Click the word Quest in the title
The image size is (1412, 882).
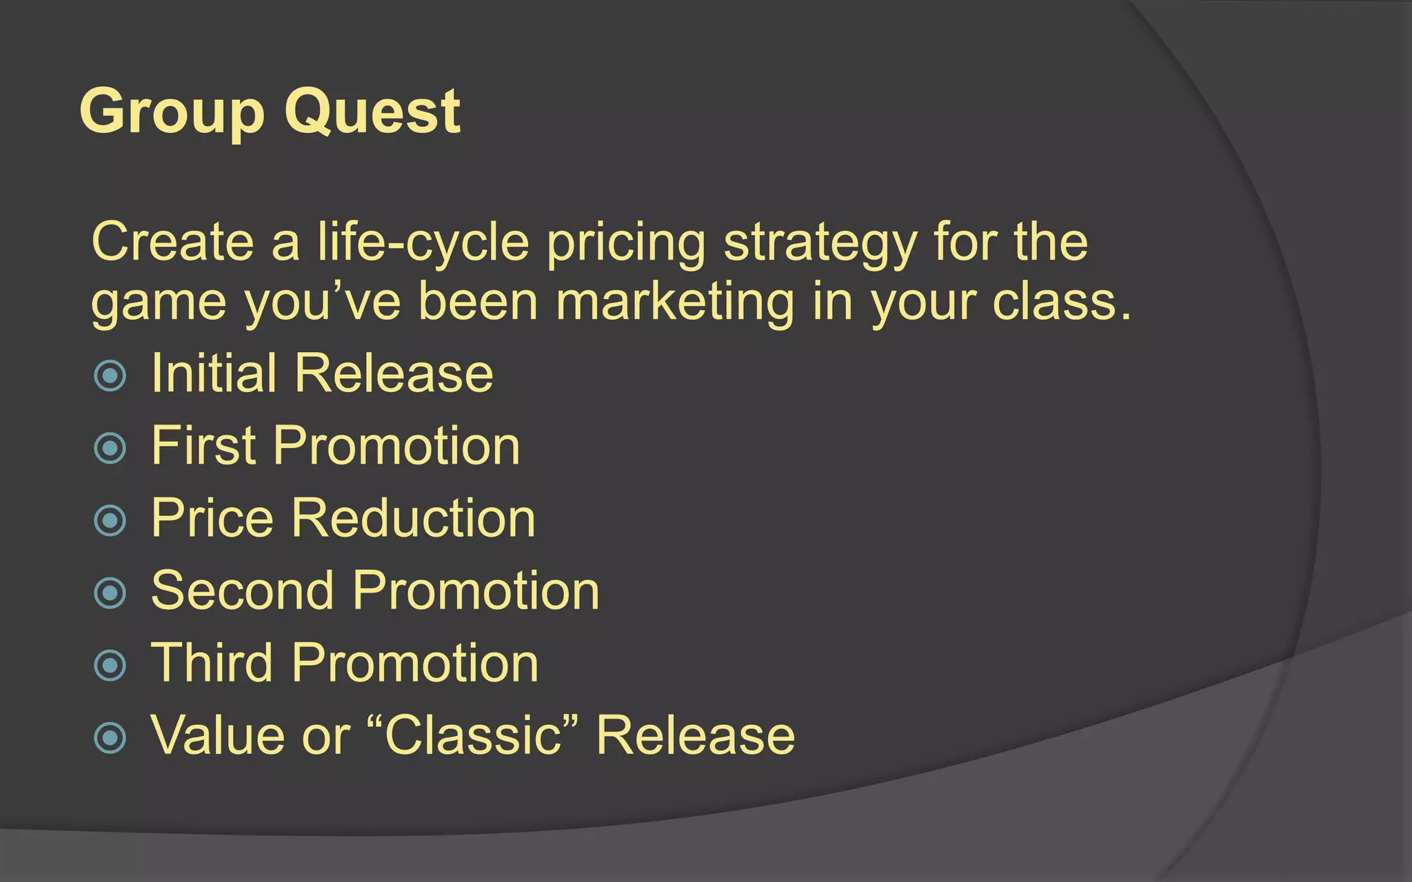pyautogui.click(x=372, y=112)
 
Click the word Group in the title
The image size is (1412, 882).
pyautogui.click(x=172, y=112)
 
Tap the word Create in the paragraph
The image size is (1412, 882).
pyautogui.click(x=173, y=243)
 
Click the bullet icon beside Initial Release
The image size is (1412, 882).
pyautogui.click(x=110, y=376)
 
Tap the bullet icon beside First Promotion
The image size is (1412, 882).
pyautogui.click(x=110, y=449)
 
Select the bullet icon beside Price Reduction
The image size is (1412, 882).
pyautogui.click(x=110, y=521)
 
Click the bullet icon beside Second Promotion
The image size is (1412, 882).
pyautogui.click(x=110, y=593)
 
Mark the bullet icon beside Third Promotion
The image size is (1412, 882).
pyautogui.click(x=110, y=666)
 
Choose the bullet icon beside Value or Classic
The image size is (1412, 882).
pyautogui.click(x=110, y=738)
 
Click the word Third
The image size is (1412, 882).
pyautogui.click(x=212, y=663)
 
